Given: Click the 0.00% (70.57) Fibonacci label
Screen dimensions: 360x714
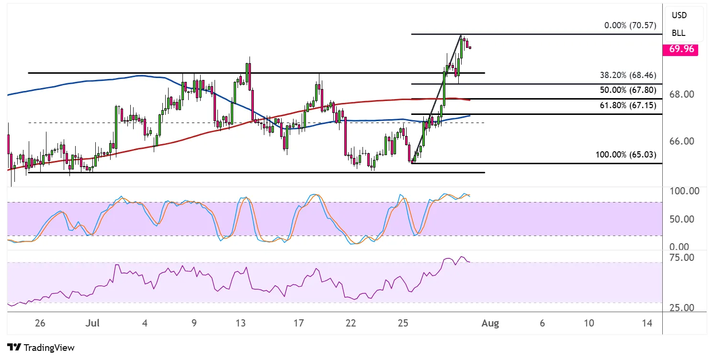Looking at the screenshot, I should [x=629, y=25].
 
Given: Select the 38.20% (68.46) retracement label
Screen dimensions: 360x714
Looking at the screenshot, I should [x=628, y=75].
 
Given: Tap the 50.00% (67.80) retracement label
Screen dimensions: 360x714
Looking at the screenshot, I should [x=628, y=90].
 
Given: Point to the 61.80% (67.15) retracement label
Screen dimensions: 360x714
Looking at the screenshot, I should [x=628, y=105].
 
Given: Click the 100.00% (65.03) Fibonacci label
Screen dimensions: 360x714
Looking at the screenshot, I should [x=626, y=155].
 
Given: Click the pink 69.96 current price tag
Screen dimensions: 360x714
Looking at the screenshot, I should [x=680, y=49].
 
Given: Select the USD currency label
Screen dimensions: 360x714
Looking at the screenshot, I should [x=679, y=15].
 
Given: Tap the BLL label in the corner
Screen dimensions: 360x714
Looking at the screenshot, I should [x=679, y=33].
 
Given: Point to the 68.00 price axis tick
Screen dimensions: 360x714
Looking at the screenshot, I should [x=682, y=94].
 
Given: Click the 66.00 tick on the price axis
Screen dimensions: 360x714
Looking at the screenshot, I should [x=682, y=141].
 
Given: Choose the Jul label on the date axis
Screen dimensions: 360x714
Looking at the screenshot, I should [x=90, y=324].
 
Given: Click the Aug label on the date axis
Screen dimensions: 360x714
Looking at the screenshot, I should [x=490, y=324].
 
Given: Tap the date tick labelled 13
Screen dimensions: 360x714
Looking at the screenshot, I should [x=241, y=324].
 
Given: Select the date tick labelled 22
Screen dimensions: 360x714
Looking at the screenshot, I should [x=351, y=324].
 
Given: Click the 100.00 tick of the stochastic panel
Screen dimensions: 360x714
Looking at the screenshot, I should [x=683, y=191].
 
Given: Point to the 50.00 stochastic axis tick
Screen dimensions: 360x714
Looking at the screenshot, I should [x=682, y=219].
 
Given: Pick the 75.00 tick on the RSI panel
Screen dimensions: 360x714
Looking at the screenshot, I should [x=682, y=258].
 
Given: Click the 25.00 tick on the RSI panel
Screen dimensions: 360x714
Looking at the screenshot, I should [x=682, y=307].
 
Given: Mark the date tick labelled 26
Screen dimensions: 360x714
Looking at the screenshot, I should [x=40, y=324].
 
